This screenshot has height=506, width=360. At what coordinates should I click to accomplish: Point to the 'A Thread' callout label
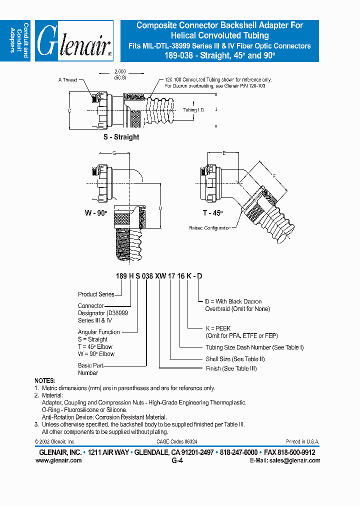(67, 80)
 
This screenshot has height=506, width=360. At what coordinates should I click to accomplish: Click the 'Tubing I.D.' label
(193, 109)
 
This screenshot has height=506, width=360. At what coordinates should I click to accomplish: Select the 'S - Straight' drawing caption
(121, 137)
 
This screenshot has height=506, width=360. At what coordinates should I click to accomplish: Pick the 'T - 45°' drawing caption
(212, 212)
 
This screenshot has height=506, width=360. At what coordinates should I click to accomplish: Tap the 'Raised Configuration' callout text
(210, 228)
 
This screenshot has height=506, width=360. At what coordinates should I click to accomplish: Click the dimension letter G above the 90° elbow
(114, 152)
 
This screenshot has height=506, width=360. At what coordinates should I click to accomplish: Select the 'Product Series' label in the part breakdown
(96, 294)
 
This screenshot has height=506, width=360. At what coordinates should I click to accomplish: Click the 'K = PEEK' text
(216, 328)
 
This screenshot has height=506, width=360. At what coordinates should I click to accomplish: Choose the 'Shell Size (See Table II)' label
(235, 358)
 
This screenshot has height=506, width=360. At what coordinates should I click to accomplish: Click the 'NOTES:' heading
(45, 380)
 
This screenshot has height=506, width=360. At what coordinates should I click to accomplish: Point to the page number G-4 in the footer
(177, 461)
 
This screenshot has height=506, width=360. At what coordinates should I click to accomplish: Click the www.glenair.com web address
(58, 460)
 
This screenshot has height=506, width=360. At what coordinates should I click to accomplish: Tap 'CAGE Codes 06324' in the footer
(177, 442)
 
